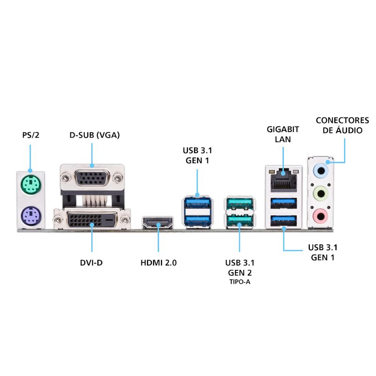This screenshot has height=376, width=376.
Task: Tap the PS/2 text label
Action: click(x=31, y=135)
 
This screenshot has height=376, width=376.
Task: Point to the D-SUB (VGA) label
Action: click(x=94, y=135)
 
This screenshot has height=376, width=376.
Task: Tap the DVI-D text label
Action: click(x=91, y=263)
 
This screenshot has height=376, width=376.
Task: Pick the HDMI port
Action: click(x=158, y=222)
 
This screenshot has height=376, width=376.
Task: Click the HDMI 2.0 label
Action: click(x=158, y=263)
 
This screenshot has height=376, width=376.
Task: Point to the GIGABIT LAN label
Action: click(x=283, y=134)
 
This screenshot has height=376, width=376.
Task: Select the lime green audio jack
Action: click(x=321, y=192)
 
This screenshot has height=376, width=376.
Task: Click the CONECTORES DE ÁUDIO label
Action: click(x=342, y=125)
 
